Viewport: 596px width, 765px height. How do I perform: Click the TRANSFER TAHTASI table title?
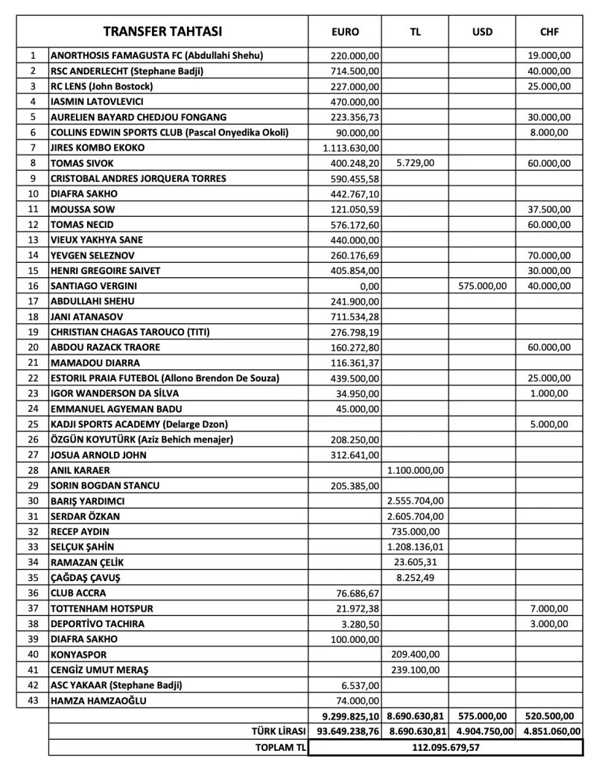[162, 31]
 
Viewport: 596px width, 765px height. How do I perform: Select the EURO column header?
[344, 32]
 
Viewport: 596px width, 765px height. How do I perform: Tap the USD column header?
[482, 32]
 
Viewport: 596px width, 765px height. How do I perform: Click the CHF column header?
[549, 32]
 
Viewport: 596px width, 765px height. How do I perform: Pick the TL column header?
[415, 32]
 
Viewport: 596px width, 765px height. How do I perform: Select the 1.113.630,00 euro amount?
[351, 147]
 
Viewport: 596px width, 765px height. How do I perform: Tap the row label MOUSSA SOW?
[83, 209]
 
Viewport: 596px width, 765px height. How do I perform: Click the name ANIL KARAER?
[80, 470]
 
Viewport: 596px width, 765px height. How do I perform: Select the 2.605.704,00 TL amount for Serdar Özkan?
[415, 515]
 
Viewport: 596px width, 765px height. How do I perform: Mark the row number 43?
[33, 700]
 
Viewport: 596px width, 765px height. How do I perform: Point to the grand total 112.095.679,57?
[445, 746]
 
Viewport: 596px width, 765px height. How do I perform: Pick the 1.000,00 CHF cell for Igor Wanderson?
[549, 393]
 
